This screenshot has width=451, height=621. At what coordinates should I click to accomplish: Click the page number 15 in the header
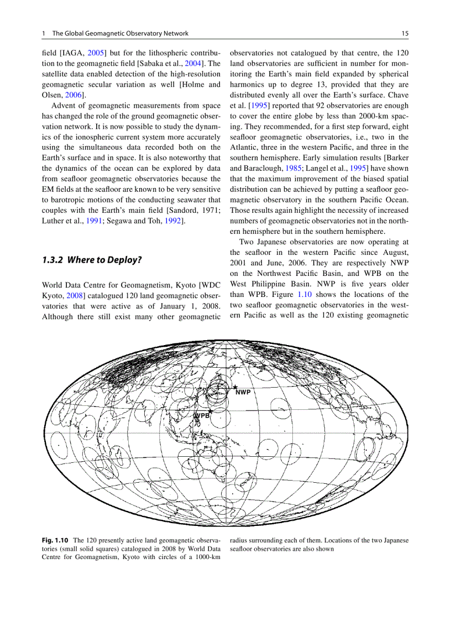tap(405, 34)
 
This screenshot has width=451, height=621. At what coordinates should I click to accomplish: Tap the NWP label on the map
tap(243, 393)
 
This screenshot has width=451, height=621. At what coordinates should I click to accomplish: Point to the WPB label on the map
tap(202, 415)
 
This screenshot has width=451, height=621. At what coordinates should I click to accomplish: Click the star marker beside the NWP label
tap(235, 387)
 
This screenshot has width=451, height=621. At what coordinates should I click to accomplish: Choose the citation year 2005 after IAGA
tap(104, 54)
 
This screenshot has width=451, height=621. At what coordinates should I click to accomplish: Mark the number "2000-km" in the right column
tap(366, 117)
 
